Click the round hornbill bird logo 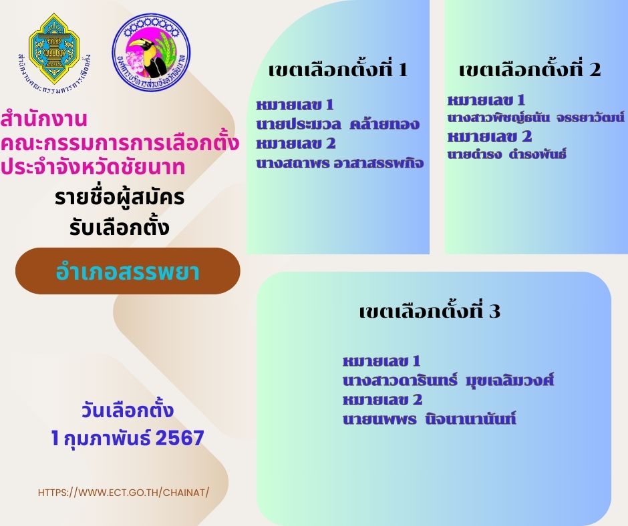coord(152,52)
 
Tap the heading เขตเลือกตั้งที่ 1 coord(339,69)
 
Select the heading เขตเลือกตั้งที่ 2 coord(530,69)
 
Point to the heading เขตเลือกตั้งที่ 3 coord(430,310)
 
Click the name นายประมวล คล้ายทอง coord(337,123)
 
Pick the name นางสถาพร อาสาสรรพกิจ coord(339,162)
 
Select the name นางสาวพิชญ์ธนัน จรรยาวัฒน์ coord(536,117)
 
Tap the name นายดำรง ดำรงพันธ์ coord(506,154)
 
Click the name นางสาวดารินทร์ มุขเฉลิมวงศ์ coord(448,380)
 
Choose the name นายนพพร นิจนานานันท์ coord(429,419)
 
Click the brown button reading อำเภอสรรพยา coord(128,271)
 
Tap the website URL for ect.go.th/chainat coord(124,493)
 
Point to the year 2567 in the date coord(180,437)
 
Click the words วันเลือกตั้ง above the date coord(128,410)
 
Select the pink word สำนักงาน coord(43,119)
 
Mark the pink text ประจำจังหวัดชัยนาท coord(92,167)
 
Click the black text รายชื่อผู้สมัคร coord(120,197)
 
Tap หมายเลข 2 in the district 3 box coord(383,399)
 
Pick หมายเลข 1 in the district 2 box coord(486,99)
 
